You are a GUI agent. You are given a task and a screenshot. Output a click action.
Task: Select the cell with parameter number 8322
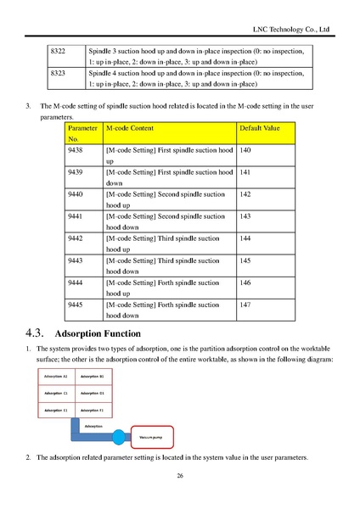tap(59, 53)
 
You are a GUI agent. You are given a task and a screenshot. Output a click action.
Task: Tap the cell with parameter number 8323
tap(59, 74)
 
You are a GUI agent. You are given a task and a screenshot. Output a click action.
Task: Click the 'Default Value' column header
tap(260, 126)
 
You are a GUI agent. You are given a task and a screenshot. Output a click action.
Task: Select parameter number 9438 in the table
tap(75, 149)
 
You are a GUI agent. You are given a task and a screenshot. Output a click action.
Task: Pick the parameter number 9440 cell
tap(75, 194)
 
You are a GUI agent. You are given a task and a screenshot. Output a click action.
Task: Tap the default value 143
tap(247, 216)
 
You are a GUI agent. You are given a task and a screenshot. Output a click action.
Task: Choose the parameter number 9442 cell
tap(75, 238)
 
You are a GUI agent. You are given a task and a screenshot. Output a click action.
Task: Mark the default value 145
tap(247, 260)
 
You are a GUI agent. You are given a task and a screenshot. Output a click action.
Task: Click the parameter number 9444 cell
tap(75, 282)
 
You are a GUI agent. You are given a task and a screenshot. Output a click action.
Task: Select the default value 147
tap(247, 305)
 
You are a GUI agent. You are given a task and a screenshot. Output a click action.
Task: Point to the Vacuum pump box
tap(150, 437)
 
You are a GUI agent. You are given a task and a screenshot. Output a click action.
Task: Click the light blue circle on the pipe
tap(118, 436)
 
